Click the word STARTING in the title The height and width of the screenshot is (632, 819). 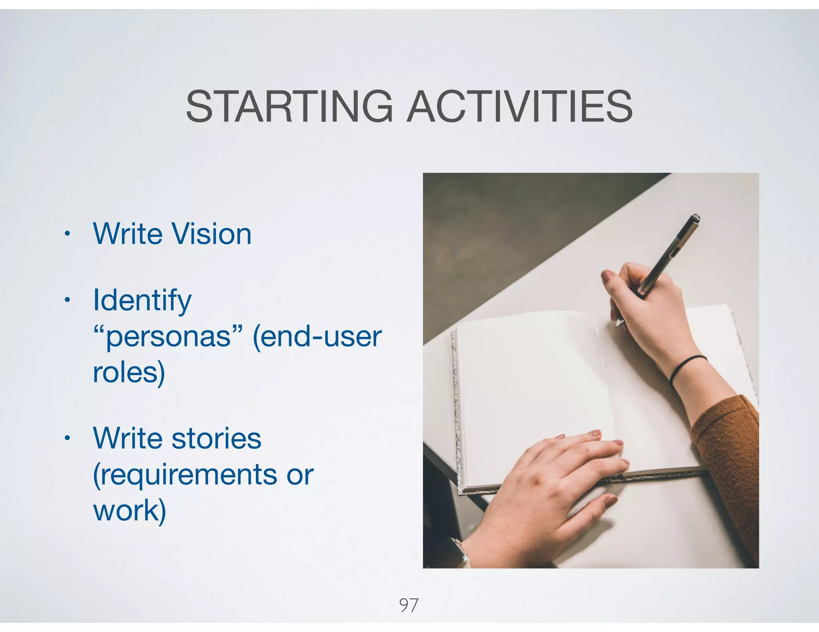tap(290, 107)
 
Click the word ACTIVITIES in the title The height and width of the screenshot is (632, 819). tap(519, 107)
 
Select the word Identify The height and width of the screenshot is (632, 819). tap(142, 300)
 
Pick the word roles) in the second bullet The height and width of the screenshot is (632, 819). tap(129, 372)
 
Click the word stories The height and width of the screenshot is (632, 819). tap(216, 439)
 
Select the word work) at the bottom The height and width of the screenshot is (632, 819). tap(129, 511)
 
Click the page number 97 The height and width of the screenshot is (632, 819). tap(409, 605)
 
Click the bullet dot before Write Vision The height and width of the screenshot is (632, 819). tap(67, 234)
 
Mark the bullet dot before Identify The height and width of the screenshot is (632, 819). tap(67, 300)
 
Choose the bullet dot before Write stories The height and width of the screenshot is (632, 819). tap(67, 438)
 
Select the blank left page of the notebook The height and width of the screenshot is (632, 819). tap(532, 384)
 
